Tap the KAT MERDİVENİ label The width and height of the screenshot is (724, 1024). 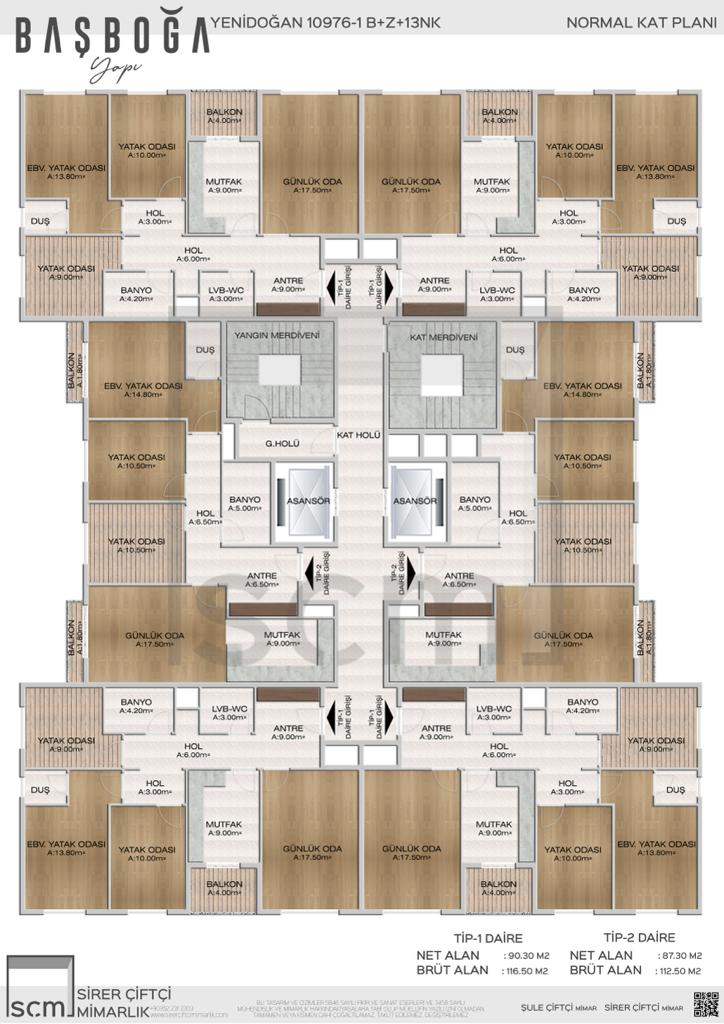click(x=445, y=337)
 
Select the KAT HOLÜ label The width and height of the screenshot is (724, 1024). click(x=360, y=435)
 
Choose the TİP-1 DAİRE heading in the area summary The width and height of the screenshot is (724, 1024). click(x=453, y=937)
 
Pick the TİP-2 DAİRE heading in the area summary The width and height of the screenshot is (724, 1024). click(x=640, y=937)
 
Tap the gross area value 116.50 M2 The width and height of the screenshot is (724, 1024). click(x=526, y=970)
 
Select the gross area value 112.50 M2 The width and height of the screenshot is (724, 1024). click(x=685, y=970)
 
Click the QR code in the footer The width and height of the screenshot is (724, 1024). click(x=706, y=1002)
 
